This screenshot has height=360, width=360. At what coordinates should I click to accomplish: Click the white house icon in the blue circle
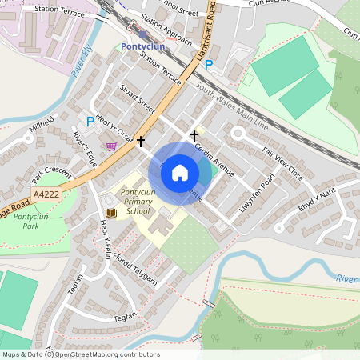coord(180,172)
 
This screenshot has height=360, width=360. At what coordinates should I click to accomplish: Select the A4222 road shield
coord(46,194)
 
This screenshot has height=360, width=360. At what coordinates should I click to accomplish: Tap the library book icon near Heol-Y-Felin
coord(110,213)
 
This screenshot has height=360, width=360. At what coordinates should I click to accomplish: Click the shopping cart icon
coord(110,146)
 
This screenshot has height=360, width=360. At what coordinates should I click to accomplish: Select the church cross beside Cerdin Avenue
coord(194,136)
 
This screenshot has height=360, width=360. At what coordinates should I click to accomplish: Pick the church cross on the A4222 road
coord(141,142)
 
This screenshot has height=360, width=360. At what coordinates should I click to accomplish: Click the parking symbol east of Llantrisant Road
coord(209,65)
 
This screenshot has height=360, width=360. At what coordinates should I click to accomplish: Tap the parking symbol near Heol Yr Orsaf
coord(90,121)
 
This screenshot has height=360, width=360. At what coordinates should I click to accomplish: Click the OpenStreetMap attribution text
coord(81,354)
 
